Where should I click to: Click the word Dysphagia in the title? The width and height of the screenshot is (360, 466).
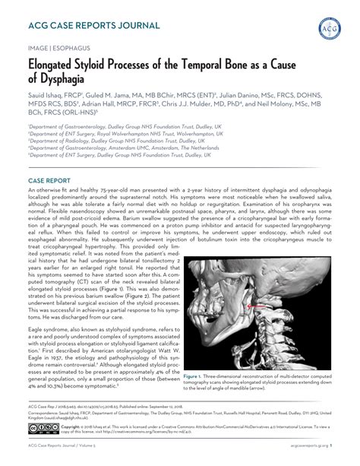pos(66,78)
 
